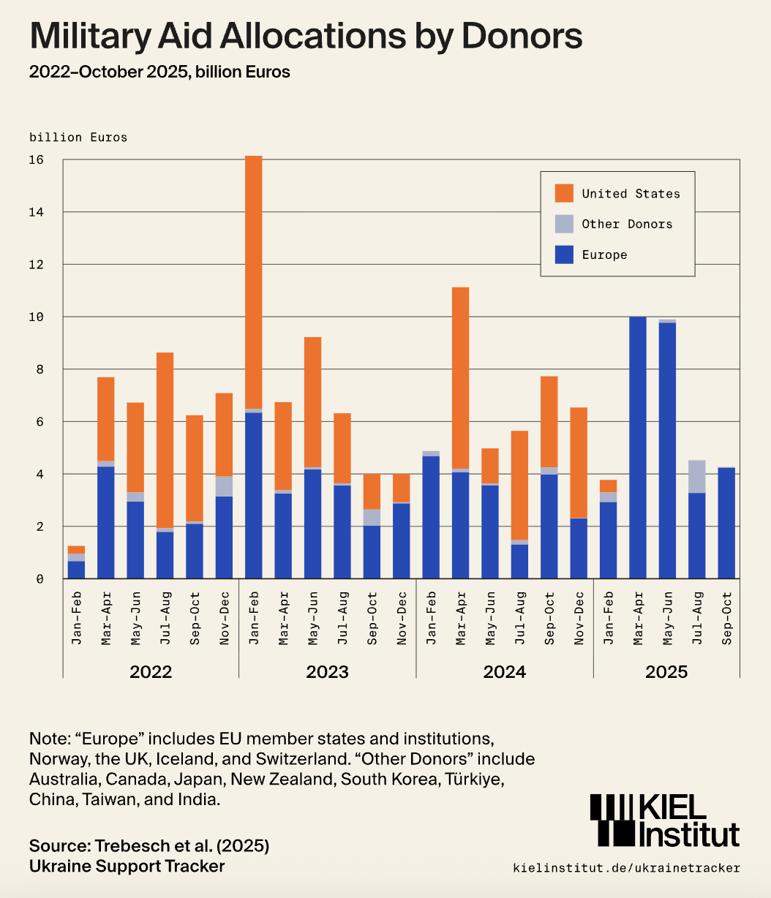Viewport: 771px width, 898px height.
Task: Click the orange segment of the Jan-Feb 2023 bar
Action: click(254, 282)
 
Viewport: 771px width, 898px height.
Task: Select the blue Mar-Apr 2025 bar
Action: click(638, 448)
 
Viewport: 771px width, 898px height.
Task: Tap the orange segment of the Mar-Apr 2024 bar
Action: click(460, 378)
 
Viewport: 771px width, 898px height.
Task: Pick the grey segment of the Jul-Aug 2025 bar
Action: click(696, 477)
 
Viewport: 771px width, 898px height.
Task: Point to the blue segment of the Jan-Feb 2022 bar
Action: click(77, 570)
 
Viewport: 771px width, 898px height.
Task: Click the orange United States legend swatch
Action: click(564, 194)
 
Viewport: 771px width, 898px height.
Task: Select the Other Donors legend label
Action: click(627, 224)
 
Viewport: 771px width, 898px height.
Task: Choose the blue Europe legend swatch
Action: click(564, 255)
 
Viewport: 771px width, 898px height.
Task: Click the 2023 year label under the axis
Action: click(328, 672)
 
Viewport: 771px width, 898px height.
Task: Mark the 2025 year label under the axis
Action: click(666, 672)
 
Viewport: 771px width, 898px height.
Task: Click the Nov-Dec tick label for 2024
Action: click(579, 618)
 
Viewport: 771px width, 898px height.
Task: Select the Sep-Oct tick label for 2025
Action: click(726, 618)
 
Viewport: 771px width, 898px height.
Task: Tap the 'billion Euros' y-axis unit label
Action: click(78, 137)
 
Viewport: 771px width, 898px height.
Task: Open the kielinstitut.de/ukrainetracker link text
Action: click(627, 868)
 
